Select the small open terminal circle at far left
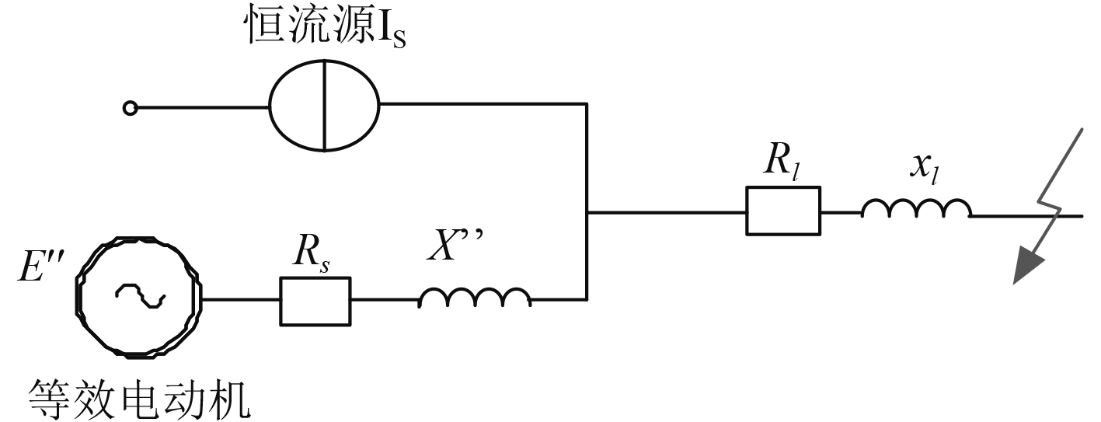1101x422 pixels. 131,109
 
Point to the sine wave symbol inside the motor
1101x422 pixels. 140,295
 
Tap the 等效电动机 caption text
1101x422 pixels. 140,399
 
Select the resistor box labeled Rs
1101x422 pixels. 315,300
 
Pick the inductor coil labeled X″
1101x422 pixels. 475,298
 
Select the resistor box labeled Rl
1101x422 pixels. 782,211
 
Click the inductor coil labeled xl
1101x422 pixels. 916,208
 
